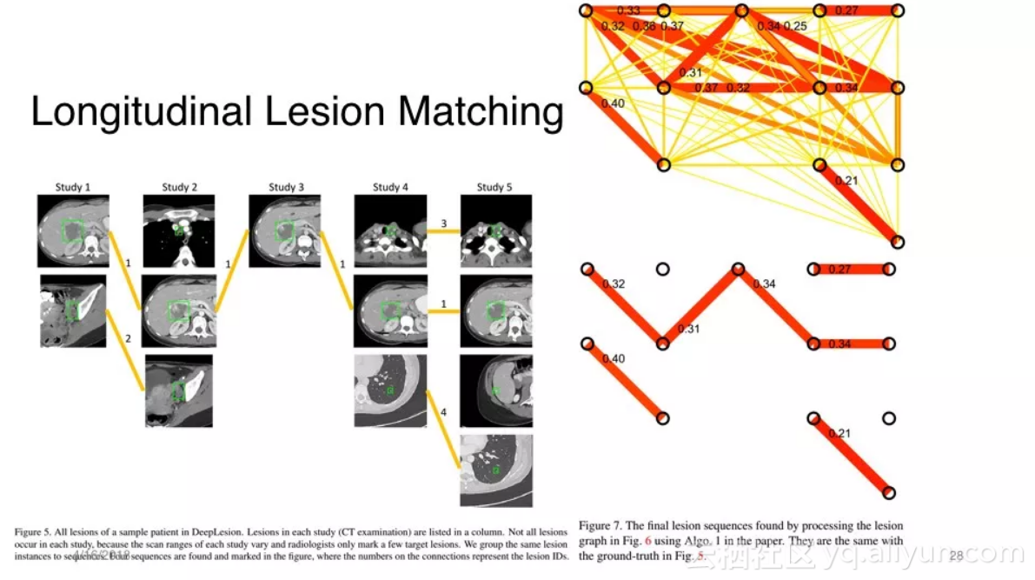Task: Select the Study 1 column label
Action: coord(73,187)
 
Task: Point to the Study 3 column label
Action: coord(286,187)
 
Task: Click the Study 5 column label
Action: coord(495,187)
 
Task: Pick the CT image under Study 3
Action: coord(285,230)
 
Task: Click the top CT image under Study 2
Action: coord(179,230)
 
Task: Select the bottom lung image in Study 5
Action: coord(495,470)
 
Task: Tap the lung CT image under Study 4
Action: coord(390,390)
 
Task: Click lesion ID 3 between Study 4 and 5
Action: coord(443,224)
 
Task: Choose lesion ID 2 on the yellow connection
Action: coord(128,337)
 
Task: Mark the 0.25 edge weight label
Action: coord(794,26)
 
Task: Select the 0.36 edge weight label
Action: coord(644,26)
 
